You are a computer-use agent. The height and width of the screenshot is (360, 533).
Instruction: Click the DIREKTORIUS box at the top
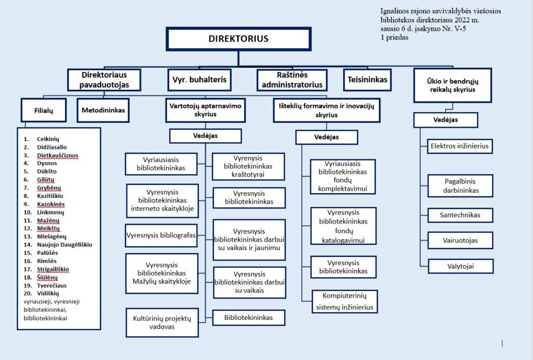(x=238, y=39)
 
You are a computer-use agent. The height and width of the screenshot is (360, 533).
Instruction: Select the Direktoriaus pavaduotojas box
(x=105, y=80)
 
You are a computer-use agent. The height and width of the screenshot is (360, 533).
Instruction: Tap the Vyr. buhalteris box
(x=198, y=80)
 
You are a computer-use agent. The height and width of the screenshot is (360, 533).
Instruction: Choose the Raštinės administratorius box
(x=292, y=80)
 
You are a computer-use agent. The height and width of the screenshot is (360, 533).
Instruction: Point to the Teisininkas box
(x=367, y=80)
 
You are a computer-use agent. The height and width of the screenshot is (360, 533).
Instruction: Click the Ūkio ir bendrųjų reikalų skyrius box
(x=452, y=85)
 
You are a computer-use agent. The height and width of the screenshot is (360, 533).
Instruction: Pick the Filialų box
(x=44, y=110)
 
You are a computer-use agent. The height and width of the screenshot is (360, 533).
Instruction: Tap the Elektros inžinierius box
(x=460, y=146)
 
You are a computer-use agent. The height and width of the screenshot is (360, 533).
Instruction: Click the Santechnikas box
(x=460, y=215)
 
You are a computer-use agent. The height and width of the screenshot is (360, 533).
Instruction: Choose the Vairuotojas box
(x=460, y=240)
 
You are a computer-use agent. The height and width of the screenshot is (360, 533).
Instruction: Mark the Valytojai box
(x=460, y=266)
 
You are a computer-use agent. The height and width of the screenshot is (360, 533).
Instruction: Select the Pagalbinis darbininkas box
(x=460, y=186)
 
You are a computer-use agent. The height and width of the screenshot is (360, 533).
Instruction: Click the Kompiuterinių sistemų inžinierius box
(x=344, y=302)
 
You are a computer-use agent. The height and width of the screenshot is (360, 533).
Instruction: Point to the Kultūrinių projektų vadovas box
(x=162, y=322)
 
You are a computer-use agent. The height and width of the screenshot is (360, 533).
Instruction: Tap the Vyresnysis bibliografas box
(x=161, y=235)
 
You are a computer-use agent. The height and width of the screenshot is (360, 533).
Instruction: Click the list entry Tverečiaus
(x=52, y=285)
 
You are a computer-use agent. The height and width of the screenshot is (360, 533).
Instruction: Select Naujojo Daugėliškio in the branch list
(x=65, y=244)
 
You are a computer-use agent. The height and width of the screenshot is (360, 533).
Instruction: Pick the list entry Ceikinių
(x=48, y=139)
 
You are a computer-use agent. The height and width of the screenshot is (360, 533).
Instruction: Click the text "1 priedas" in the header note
(x=395, y=38)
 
